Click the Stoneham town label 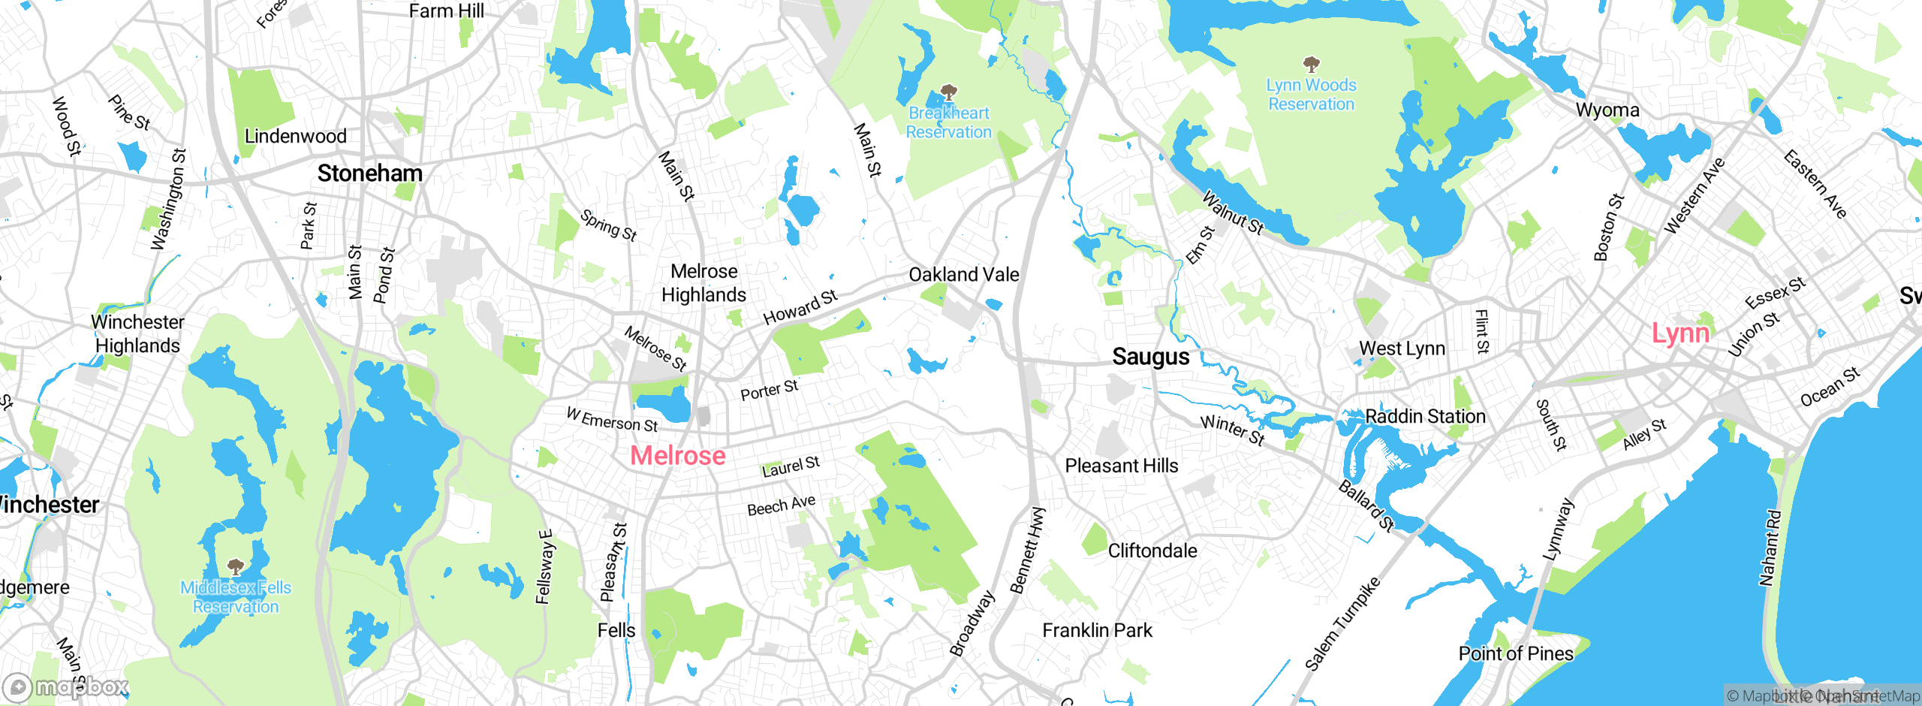pos(369,173)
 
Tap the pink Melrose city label pos(677,455)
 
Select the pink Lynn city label pos(1680,333)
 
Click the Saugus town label pos(1150,356)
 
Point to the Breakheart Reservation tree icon pos(948,92)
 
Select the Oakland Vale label pos(963,275)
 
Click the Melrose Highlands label pos(703,283)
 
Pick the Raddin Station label pos(1425,416)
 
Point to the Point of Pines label pos(1515,653)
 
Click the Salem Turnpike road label pos(1342,623)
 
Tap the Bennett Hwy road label pos(1027,551)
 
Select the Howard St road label pos(800,307)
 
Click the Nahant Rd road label pos(1770,548)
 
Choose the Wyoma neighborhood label pos(1607,110)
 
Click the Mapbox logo pos(66,686)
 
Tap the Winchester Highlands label pos(137,333)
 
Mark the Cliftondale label pos(1152,551)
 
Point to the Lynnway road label pos(1557,529)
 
